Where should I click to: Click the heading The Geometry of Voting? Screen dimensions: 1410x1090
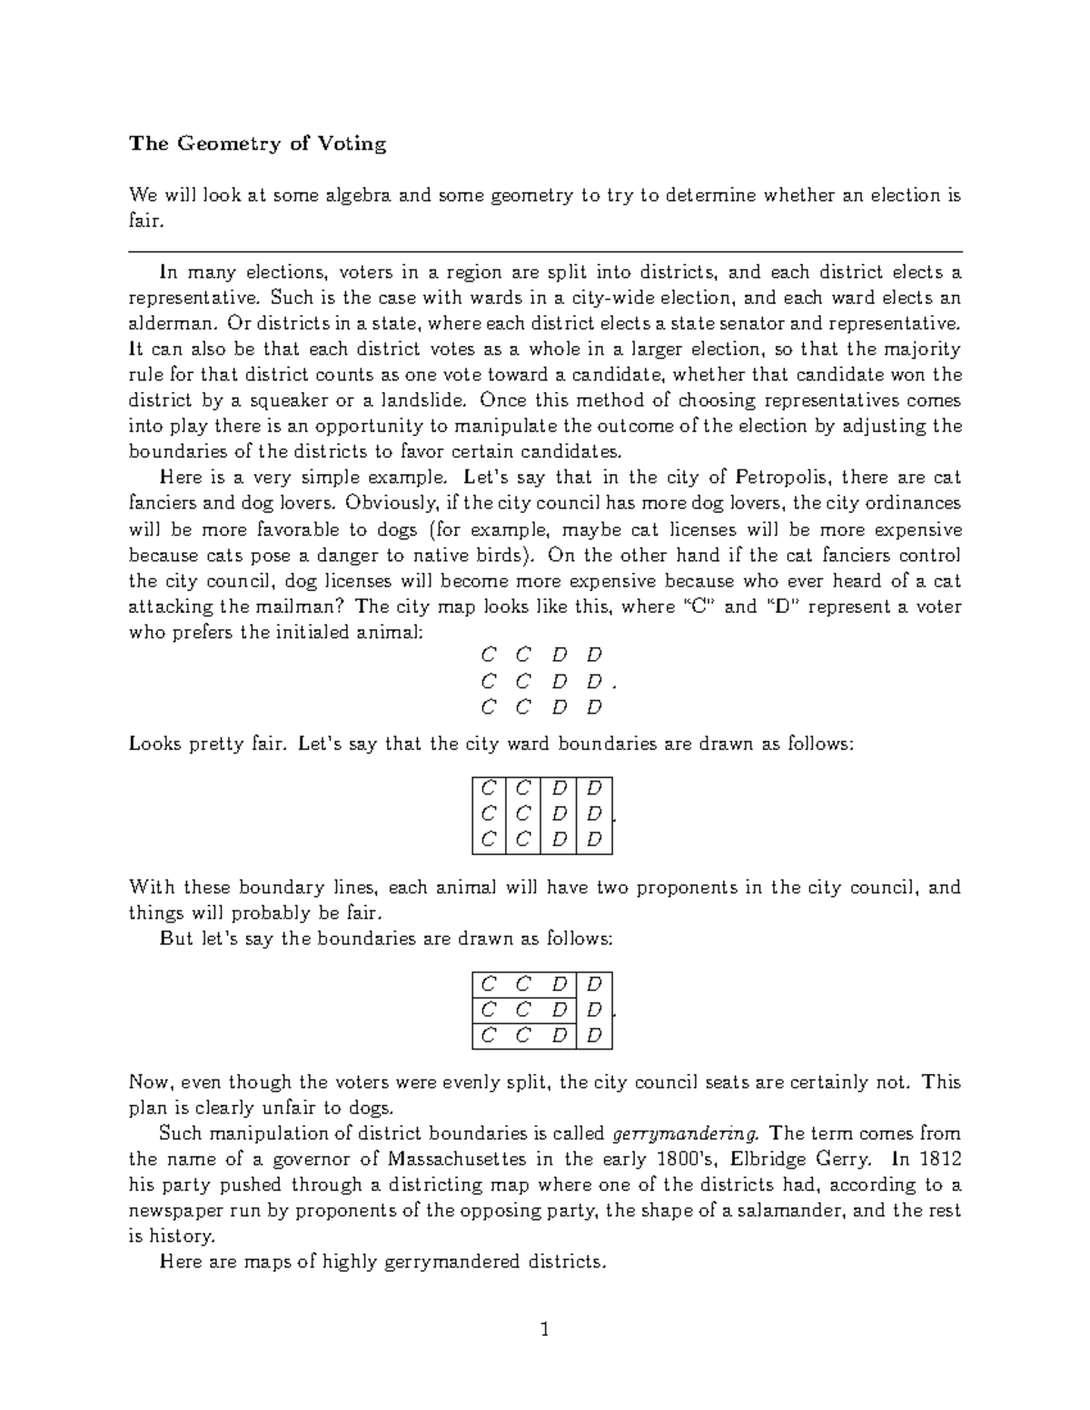[257, 143]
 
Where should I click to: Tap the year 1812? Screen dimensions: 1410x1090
[938, 1159]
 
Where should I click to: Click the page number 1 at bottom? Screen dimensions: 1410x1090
[545, 1331]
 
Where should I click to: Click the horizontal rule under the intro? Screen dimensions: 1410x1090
[545, 251]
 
